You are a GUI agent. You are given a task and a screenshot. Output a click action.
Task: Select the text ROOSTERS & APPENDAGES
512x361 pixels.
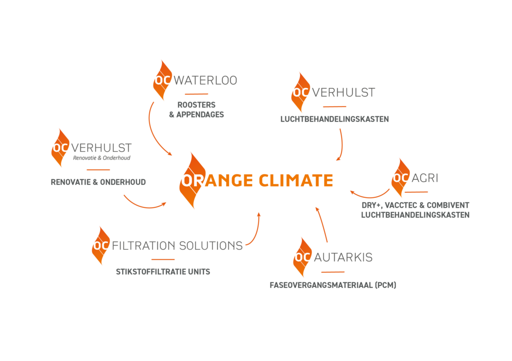(x=196, y=110)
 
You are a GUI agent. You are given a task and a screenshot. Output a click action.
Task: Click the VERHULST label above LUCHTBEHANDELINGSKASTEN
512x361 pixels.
(x=343, y=93)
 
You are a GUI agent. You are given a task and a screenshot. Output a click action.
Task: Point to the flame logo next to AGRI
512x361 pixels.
(x=400, y=178)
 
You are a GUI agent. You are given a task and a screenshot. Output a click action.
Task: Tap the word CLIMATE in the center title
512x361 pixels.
(x=295, y=180)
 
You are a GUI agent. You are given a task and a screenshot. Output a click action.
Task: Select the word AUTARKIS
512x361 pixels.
(x=343, y=258)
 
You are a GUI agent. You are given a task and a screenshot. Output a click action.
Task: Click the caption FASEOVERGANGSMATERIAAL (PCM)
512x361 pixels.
(x=332, y=285)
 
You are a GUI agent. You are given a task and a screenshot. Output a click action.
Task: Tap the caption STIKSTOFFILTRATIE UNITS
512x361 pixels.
(x=162, y=272)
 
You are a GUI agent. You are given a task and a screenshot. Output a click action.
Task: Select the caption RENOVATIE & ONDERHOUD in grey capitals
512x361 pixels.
(x=98, y=182)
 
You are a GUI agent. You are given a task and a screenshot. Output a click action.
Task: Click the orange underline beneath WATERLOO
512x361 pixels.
(x=196, y=94)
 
